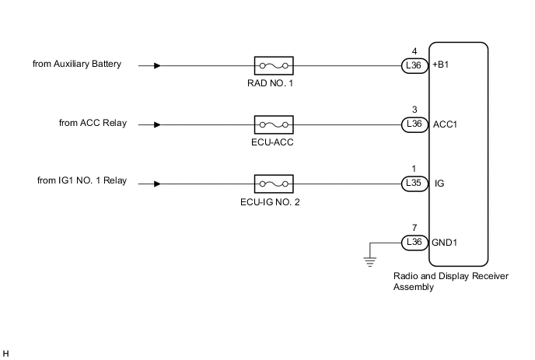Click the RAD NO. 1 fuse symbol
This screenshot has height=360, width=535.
(x=273, y=66)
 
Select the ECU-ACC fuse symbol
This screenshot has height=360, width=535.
(x=273, y=124)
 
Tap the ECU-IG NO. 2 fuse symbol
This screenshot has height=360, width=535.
(x=273, y=183)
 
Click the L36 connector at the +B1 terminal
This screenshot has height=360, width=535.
(x=414, y=66)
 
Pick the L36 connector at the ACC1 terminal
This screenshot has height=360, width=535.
(x=414, y=124)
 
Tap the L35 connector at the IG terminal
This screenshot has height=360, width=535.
(x=414, y=183)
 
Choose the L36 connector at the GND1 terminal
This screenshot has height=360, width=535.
(x=414, y=242)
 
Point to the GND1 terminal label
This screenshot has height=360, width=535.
(x=446, y=242)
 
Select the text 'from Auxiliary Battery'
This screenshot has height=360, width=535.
(x=77, y=64)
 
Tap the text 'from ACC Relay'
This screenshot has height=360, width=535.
(x=93, y=123)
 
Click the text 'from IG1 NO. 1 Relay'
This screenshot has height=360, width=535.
(x=82, y=182)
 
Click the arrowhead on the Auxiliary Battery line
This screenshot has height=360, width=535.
(x=159, y=66)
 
